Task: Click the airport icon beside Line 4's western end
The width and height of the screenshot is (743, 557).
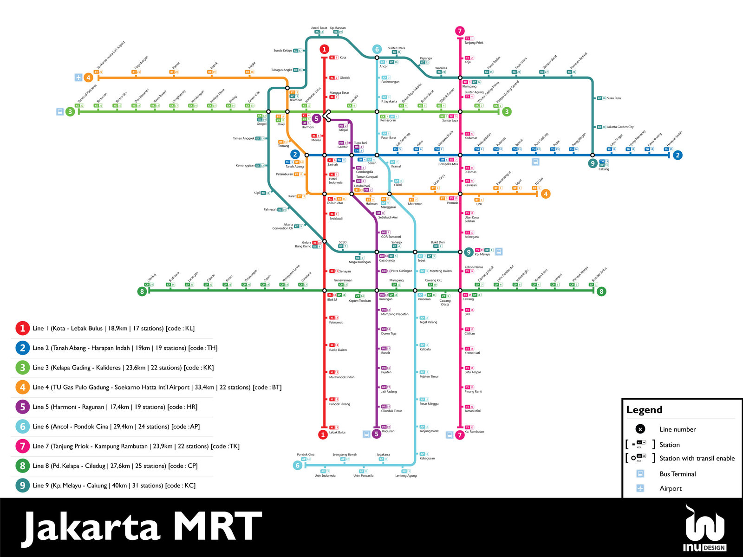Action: (x=78, y=78)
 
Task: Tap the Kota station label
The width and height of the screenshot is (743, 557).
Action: (x=343, y=58)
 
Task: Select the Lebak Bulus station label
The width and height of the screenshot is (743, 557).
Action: (x=337, y=432)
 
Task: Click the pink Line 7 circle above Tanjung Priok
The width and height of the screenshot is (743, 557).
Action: (x=460, y=31)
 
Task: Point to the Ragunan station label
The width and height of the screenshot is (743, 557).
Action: (x=388, y=431)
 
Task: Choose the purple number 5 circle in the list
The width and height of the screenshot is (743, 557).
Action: (x=22, y=407)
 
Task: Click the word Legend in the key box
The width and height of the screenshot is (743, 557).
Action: (x=644, y=410)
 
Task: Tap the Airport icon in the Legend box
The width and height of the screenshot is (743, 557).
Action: (x=640, y=488)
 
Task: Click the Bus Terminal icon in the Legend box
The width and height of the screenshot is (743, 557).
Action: (x=640, y=474)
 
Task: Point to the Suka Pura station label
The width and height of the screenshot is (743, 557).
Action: (x=614, y=98)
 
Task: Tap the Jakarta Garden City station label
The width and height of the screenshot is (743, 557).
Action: (x=620, y=127)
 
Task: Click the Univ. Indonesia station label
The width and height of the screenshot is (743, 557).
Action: (x=325, y=475)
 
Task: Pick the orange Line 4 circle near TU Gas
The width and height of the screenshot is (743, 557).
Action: (x=546, y=194)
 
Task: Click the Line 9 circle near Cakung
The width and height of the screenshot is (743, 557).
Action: (x=593, y=163)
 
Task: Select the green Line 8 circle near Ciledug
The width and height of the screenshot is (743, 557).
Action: (x=142, y=291)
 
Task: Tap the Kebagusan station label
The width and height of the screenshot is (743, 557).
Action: (x=427, y=458)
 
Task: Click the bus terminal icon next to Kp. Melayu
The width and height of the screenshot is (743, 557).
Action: (x=499, y=252)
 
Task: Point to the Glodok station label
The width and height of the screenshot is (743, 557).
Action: (x=345, y=78)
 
